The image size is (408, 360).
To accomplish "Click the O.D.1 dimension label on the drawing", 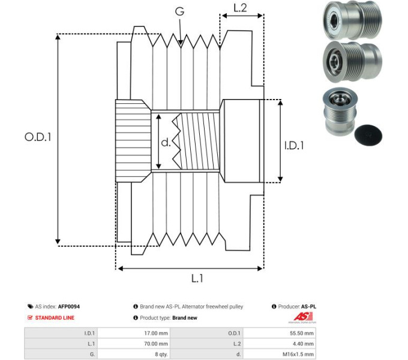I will click(x=38, y=137).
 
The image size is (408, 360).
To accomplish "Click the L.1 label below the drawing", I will click(x=197, y=278).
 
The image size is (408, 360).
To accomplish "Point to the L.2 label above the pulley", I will click(x=240, y=8).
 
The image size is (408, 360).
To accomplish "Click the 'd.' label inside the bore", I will click(x=166, y=143).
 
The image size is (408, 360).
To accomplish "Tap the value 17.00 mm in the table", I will click(x=155, y=333).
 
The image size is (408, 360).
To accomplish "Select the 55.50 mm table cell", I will click(x=302, y=333).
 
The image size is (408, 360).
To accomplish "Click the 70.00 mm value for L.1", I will click(x=155, y=344).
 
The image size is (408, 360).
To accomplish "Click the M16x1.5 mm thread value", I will click(x=299, y=354).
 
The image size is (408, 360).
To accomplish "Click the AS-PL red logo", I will click(x=299, y=317).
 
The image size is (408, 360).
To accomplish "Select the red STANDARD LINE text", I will click(x=55, y=317).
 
